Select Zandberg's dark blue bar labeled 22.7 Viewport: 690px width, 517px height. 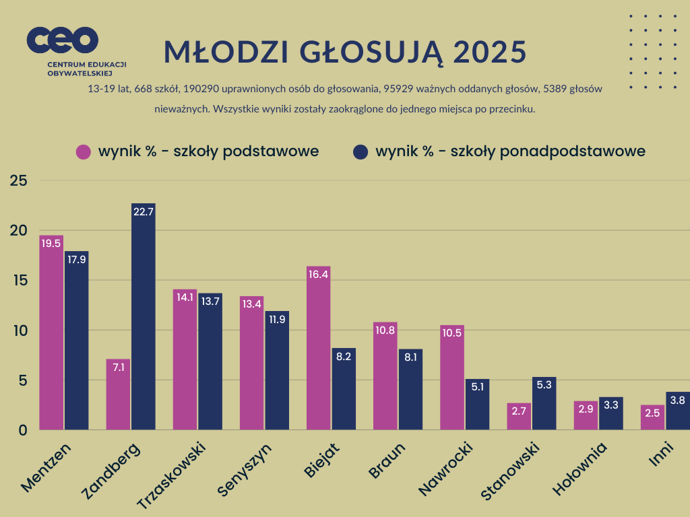144,316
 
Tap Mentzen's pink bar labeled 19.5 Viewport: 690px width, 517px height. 51,333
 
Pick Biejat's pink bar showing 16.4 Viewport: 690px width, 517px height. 318,348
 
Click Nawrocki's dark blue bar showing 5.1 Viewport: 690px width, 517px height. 477,405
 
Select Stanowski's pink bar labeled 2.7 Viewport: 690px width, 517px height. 519,417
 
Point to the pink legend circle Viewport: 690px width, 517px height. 84,151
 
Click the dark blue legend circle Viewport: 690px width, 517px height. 360,151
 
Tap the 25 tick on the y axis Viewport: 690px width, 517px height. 18,180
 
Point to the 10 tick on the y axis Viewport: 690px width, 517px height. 18,331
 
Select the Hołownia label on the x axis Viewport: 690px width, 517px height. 580,469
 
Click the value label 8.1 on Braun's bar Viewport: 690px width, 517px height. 410,356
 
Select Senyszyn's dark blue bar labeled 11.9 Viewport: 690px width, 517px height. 277,370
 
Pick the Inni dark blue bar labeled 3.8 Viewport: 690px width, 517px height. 678,411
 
